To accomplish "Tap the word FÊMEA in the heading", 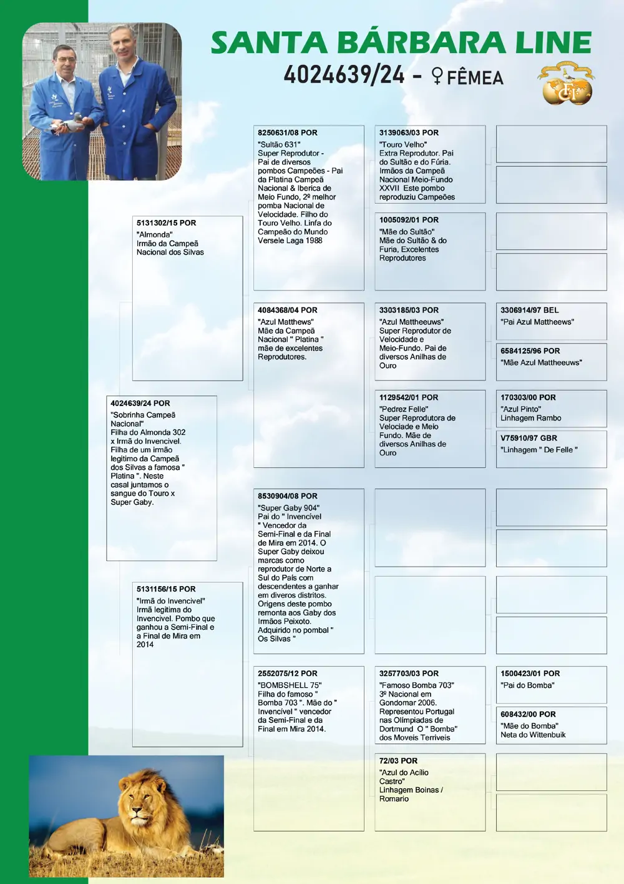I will tap(475, 77).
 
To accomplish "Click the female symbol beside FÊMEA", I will tap(437, 77).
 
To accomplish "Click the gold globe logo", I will tap(567, 84).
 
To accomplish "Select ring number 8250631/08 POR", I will tap(287, 133).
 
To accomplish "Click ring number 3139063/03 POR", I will tap(409, 133).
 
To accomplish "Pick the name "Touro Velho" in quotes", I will tap(402, 144).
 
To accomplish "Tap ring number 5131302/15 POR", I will tap(166, 223).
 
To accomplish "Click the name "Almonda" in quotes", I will tap(154, 235).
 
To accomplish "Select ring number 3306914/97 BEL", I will tap(529, 310).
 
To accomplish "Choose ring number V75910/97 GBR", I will tap(529, 439).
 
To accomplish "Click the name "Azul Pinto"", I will tap(520, 409).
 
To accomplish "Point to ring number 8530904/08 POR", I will tap(287, 497).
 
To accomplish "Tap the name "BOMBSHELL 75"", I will tap(290, 685).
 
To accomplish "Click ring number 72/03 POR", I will tap(398, 761).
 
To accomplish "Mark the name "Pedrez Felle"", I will tap(404, 409).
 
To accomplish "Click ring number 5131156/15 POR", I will tap(166, 589).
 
